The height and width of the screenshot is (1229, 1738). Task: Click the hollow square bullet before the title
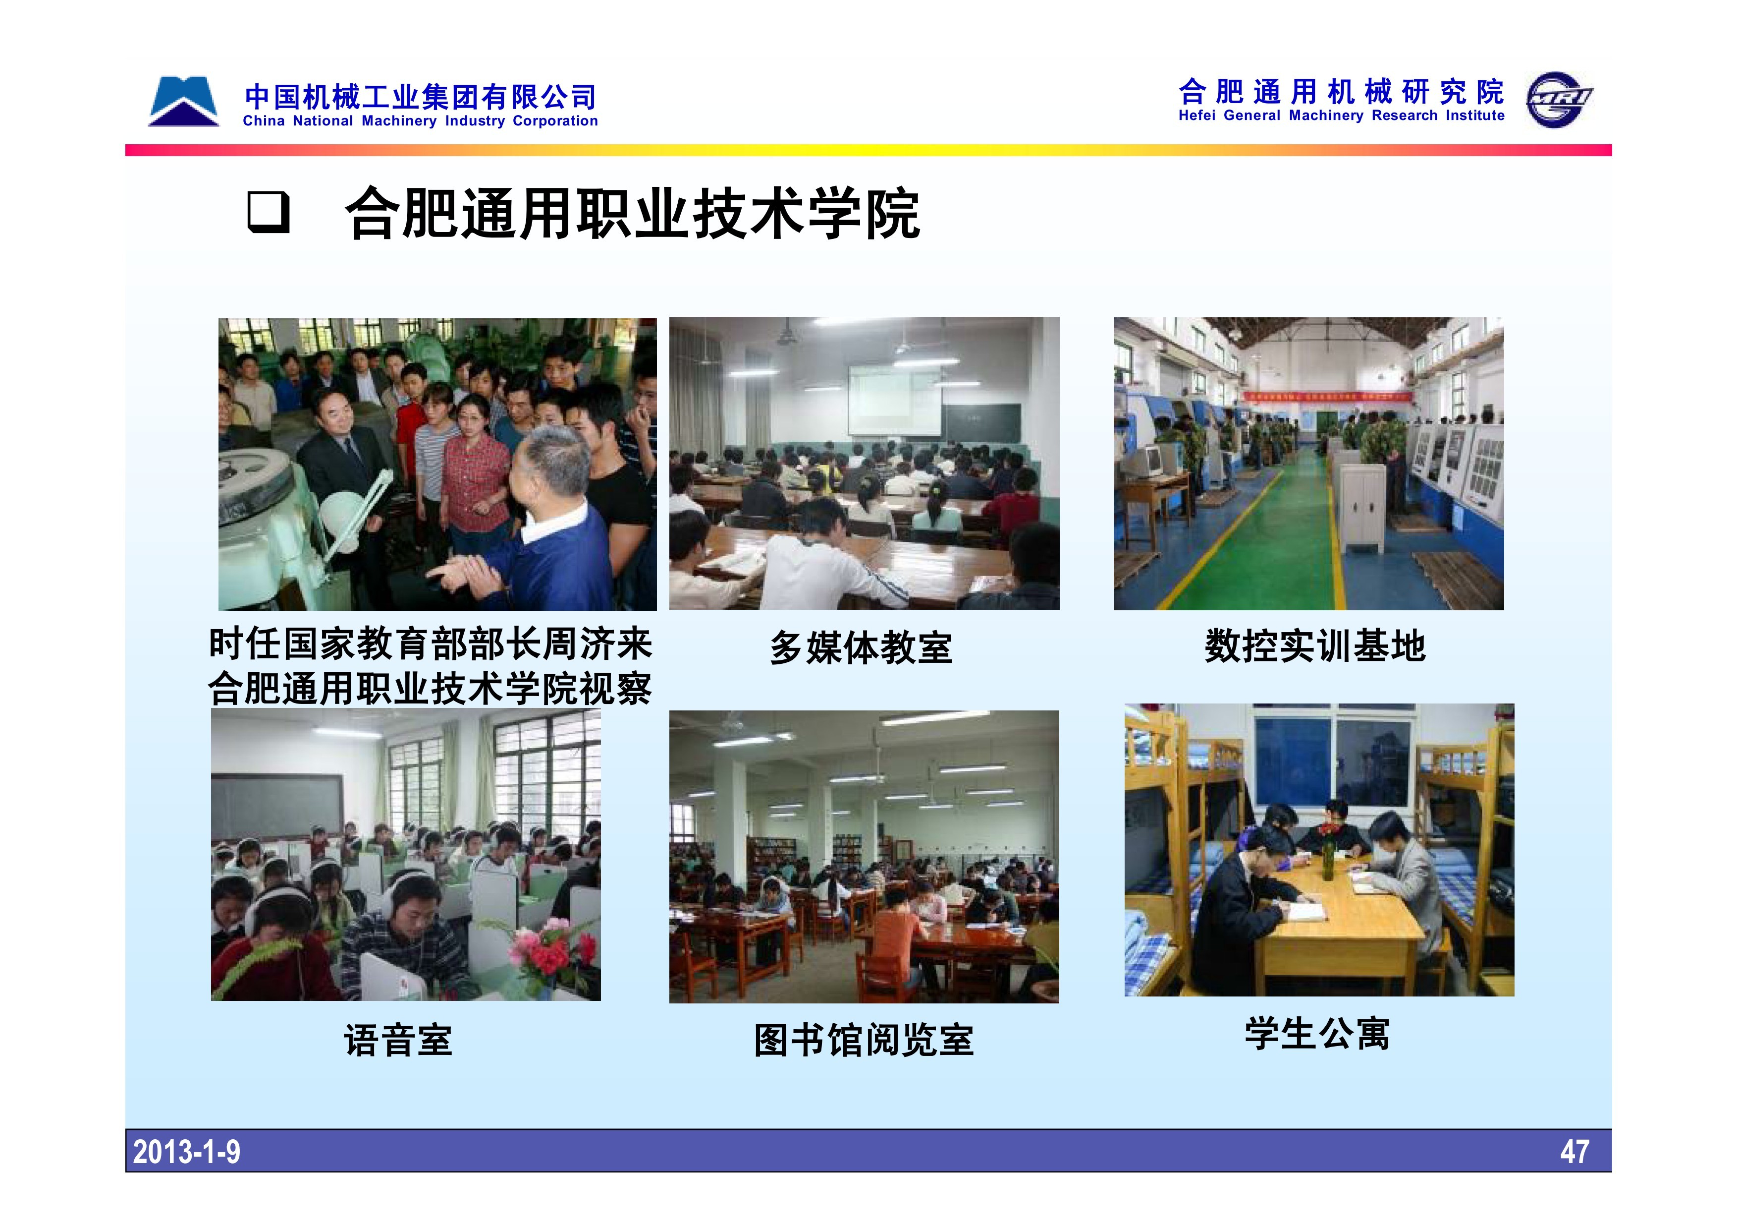coord(269,213)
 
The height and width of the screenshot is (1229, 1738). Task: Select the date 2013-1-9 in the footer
coord(186,1152)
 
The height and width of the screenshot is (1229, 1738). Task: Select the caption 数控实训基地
coord(1315,646)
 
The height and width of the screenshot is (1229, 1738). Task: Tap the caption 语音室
coord(398,1040)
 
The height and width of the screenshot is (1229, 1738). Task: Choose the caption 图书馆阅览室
coord(864,1040)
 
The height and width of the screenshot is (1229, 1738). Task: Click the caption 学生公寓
coord(1318,1034)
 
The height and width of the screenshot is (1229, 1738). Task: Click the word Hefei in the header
coord(1197,116)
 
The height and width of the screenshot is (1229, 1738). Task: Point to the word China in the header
coord(264,121)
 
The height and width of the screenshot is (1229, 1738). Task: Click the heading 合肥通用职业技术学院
coord(633,214)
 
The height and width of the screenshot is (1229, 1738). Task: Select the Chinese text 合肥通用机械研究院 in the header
coord(1341,92)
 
